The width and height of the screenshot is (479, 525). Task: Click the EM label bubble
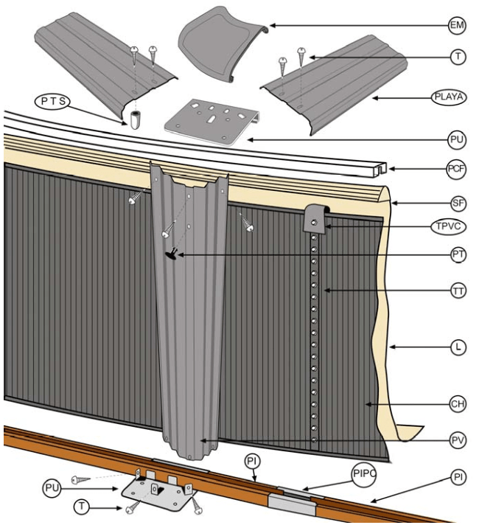click(458, 25)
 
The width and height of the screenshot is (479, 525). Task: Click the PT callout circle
click(458, 255)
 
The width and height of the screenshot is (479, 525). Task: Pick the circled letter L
click(458, 347)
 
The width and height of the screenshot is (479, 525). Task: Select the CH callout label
click(458, 404)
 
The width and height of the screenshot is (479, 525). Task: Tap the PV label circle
click(458, 441)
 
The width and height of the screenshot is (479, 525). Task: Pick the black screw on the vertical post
click(172, 255)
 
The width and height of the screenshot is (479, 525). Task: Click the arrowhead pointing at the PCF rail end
click(391, 170)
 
